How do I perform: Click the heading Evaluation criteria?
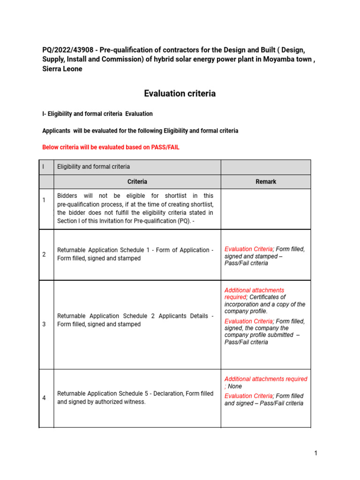180,93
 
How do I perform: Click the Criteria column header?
137,181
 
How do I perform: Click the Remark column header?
265,181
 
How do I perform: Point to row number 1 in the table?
44,200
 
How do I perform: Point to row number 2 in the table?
44,255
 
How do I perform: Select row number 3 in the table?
44,324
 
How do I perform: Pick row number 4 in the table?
44,398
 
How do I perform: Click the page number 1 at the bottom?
316,453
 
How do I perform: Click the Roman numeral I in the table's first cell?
43,166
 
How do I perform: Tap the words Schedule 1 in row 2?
143,250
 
